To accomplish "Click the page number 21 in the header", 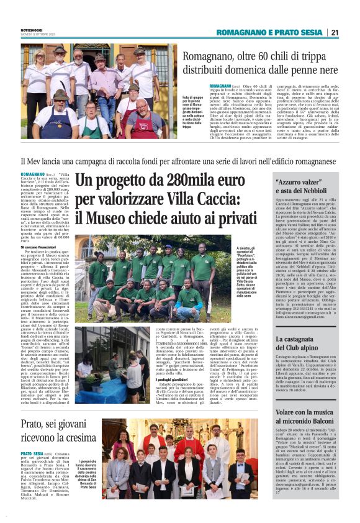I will [335, 32].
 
